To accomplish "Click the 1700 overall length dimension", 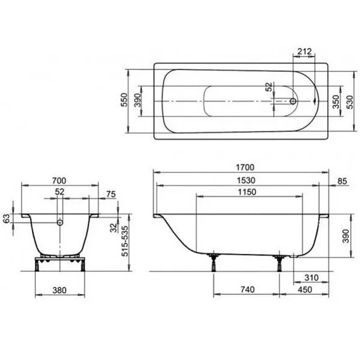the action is (x=245, y=168).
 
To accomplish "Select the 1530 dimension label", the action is (x=246, y=180).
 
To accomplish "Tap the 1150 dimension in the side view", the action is (x=247, y=192).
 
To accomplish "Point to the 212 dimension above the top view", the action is (x=304, y=51).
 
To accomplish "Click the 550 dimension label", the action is (x=124, y=100).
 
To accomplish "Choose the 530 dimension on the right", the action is (x=350, y=102).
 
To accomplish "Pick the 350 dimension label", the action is (x=336, y=102).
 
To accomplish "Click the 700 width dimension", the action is (x=59, y=180).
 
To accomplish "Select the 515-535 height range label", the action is (x=125, y=241).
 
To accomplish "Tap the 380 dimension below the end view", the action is (x=60, y=290).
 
